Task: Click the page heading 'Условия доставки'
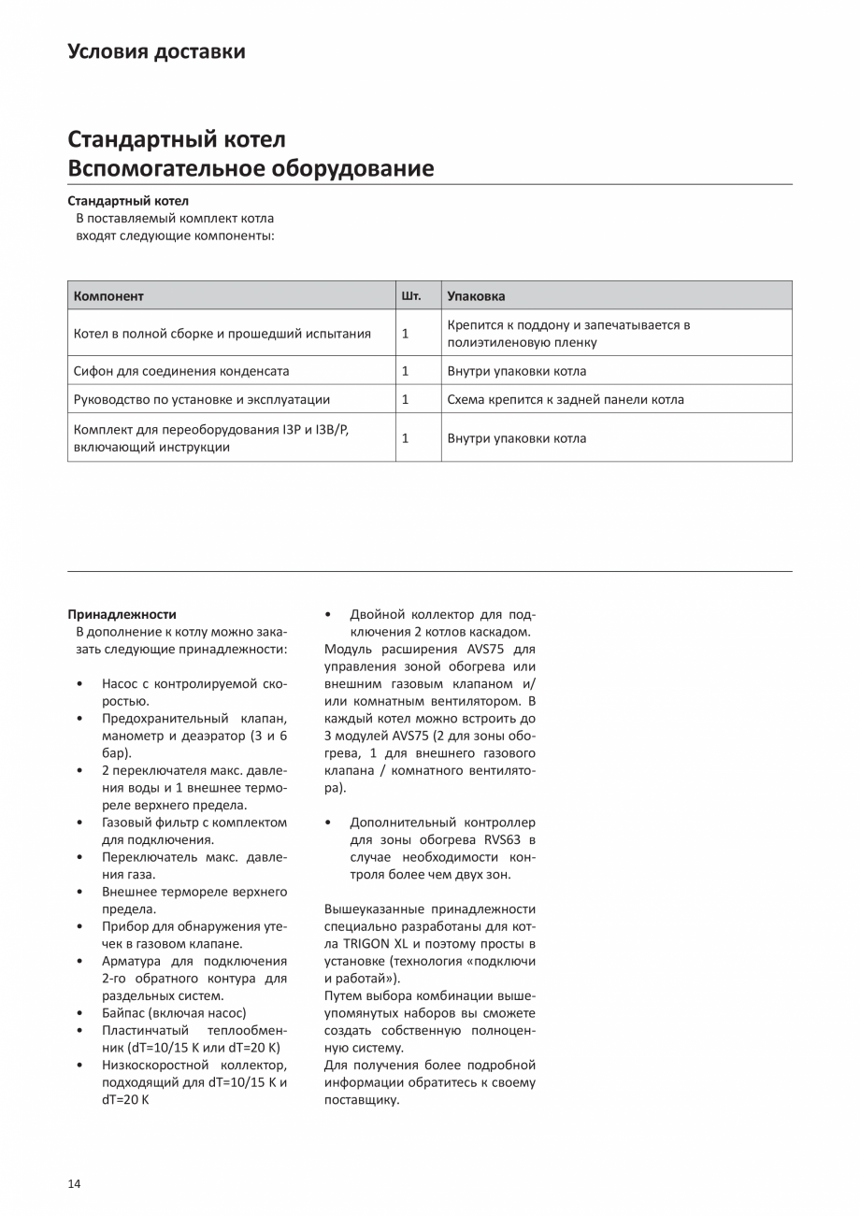click(x=156, y=51)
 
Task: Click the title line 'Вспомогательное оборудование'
click(x=251, y=168)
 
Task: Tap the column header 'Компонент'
click(x=108, y=296)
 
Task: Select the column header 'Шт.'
click(x=411, y=296)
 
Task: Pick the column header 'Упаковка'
click(x=476, y=296)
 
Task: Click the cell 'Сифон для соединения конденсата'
click(x=181, y=371)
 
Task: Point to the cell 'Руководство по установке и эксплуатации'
click(x=202, y=400)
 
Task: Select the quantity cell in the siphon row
click(x=406, y=371)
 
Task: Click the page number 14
click(x=74, y=1184)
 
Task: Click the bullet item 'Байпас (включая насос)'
click(x=174, y=1013)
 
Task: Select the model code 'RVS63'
click(x=503, y=840)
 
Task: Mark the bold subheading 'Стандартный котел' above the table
click(x=128, y=201)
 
